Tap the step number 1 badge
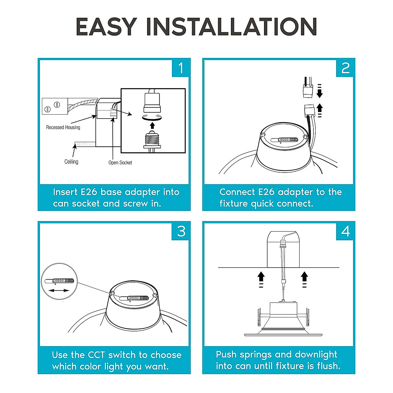(x=180, y=68)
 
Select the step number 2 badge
(x=345, y=68)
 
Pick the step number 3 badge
(x=181, y=231)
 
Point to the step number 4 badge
(x=345, y=231)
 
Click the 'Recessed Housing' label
(x=63, y=127)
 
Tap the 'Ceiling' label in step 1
(x=71, y=162)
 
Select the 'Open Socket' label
(x=120, y=162)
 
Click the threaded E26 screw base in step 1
(x=152, y=139)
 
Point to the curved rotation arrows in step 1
(x=152, y=117)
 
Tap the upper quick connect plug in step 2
(x=308, y=89)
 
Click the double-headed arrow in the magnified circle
(x=59, y=290)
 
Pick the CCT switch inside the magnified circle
(x=59, y=281)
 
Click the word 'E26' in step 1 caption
(x=88, y=192)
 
